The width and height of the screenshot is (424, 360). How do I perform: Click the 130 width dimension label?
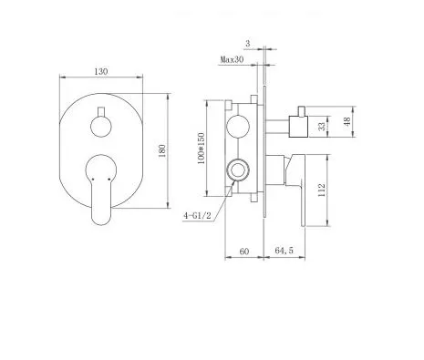101,72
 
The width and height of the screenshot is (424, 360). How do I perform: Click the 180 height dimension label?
162,150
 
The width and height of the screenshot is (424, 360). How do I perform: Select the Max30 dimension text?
232,59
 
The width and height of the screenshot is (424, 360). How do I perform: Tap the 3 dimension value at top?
248,44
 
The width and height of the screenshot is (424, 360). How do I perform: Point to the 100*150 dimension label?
202,149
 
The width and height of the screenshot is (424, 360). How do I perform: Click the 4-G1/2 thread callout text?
197,216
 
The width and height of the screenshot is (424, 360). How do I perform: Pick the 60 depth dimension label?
244,252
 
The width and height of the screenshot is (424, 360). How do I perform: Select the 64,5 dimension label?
284,251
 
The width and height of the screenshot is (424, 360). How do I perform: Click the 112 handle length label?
321,190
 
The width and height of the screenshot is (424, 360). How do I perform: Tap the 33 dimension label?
322,126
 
